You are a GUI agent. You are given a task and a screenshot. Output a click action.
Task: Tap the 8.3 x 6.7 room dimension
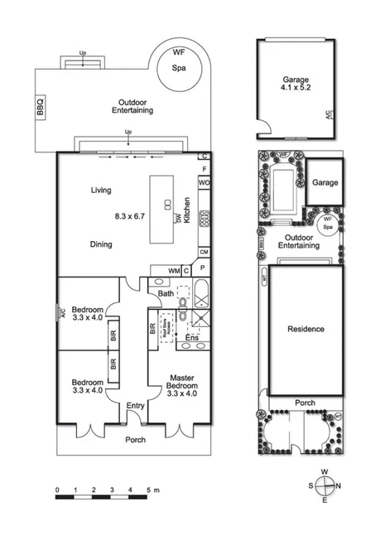point(130,216)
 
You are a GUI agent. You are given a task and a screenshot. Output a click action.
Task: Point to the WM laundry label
point(174,270)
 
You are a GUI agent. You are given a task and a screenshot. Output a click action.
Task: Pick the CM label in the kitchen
point(204,252)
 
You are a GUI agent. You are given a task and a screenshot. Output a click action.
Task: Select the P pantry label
point(204,270)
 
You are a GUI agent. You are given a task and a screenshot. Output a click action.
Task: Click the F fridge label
point(204,170)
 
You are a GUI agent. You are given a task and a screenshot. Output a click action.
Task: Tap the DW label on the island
point(177,219)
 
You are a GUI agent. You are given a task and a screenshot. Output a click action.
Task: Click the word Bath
point(166,293)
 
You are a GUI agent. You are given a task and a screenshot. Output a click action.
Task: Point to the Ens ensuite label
point(191,338)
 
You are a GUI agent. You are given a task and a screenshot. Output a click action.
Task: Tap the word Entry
point(135,405)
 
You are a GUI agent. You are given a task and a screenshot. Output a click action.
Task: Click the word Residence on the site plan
point(306,329)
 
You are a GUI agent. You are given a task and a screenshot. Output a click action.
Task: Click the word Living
point(101,191)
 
